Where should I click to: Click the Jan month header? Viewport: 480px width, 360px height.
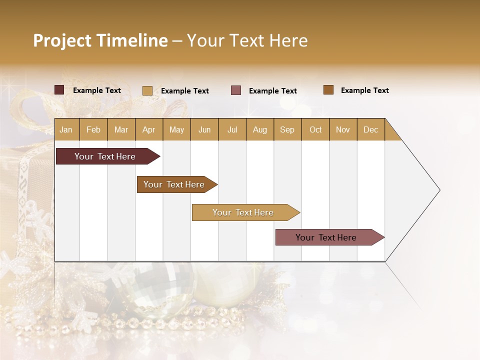pyautogui.click(x=66, y=129)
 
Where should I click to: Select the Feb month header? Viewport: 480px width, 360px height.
pyautogui.click(x=93, y=129)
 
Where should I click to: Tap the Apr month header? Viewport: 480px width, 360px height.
pyautogui.click(x=149, y=129)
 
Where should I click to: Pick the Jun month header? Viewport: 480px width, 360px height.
pyautogui.click(x=204, y=129)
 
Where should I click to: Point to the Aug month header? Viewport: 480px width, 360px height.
pyautogui.click(x=260, y=129)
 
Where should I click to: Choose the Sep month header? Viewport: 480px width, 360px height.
pyautogui.click(x=287, y=129)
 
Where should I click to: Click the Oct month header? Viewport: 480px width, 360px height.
pyautogui.click(x=315, y=129)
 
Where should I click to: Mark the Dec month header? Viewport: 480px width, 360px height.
pyautogui.click(x=371, y=129)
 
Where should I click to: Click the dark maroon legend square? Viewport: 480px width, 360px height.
pyautogui.click(x=59, y=90)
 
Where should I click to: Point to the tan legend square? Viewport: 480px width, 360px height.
pyautogui.click(x=147, y=90)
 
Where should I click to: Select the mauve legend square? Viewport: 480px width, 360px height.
pyautogui.click(x=236, y=90)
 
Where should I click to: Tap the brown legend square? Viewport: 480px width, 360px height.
pyautogui.click(x=328, y=90)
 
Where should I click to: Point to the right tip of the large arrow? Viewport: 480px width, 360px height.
pyautogui.click(x=439, y=190)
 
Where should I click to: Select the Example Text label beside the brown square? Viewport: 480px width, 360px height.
pyautogui.click(x=364, y=90)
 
